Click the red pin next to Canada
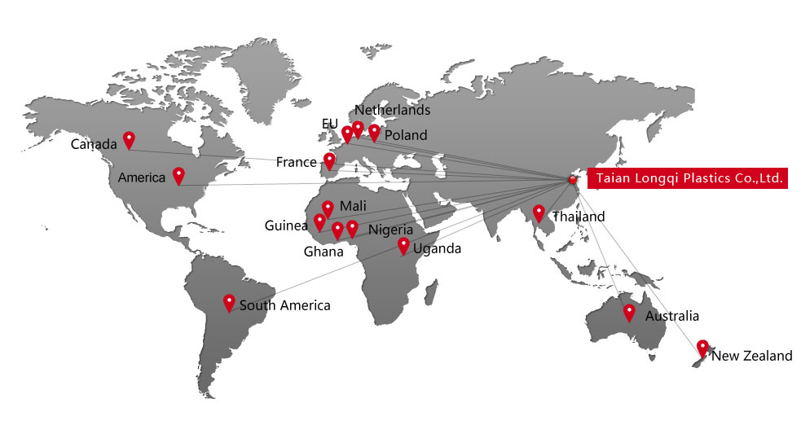[x=128, y=140]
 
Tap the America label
[x=142, y=177]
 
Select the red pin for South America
[x=229, y=302]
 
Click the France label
[x=296, y=162]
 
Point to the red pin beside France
[x=329, y=160]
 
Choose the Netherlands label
[x=393, y=110]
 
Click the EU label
[x=329, y=124]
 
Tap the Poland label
[x=405, y=135]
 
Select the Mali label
[x=352, y=205]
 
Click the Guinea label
[x=285, y=226]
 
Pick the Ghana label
[x=323, y=252]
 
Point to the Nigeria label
[x=390, y=230]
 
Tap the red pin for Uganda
[x=403, y=245]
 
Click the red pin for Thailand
[x=539, y=212]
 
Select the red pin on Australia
[x=629, y=312]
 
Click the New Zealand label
[x=752, y=356]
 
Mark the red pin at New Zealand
[x=702, y=348]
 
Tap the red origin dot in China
[x=572, y=180]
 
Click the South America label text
[x=284, y=305]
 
